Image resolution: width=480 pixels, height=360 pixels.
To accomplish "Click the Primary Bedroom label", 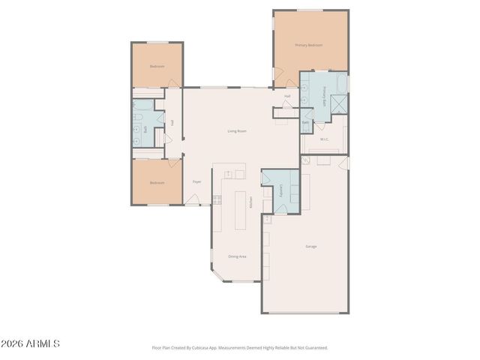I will pos(308,45).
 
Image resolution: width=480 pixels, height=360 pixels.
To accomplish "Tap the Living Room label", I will pos(237,131).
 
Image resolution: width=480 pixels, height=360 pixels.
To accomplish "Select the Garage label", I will pos(310,247).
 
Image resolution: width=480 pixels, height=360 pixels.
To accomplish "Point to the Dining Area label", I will pos(237,256).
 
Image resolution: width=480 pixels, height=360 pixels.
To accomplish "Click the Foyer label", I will pos(196,181).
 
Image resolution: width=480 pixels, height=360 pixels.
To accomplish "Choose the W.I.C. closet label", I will pos(324,139).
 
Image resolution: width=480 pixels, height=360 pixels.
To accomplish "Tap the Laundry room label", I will pos(282,190).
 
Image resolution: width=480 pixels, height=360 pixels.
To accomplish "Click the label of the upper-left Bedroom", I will pos(156,66).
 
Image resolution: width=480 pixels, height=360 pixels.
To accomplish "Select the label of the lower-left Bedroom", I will pos(156,183).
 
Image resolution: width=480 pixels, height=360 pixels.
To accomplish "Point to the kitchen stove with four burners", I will pos(217,199).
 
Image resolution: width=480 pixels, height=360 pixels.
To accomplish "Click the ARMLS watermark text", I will pos(30,343).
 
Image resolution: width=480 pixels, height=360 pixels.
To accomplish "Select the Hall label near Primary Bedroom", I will pos(287,96).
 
